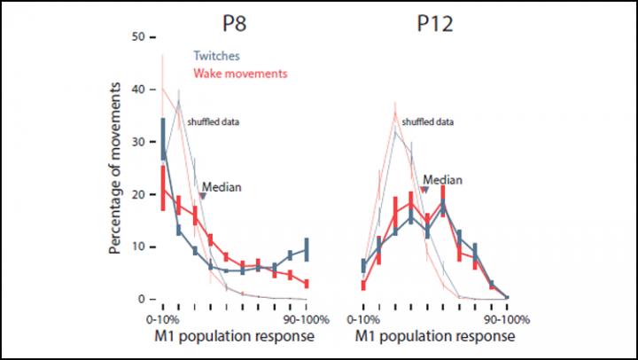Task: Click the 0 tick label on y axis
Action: point(140,298)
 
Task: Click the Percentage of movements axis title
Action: point(115,169)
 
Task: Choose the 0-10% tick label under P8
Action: point(164,317)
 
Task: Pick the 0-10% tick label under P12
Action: point(364,317)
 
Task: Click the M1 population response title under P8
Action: point(235,336)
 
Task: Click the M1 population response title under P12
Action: point(435,336)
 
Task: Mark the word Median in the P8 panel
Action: point(222,187)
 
